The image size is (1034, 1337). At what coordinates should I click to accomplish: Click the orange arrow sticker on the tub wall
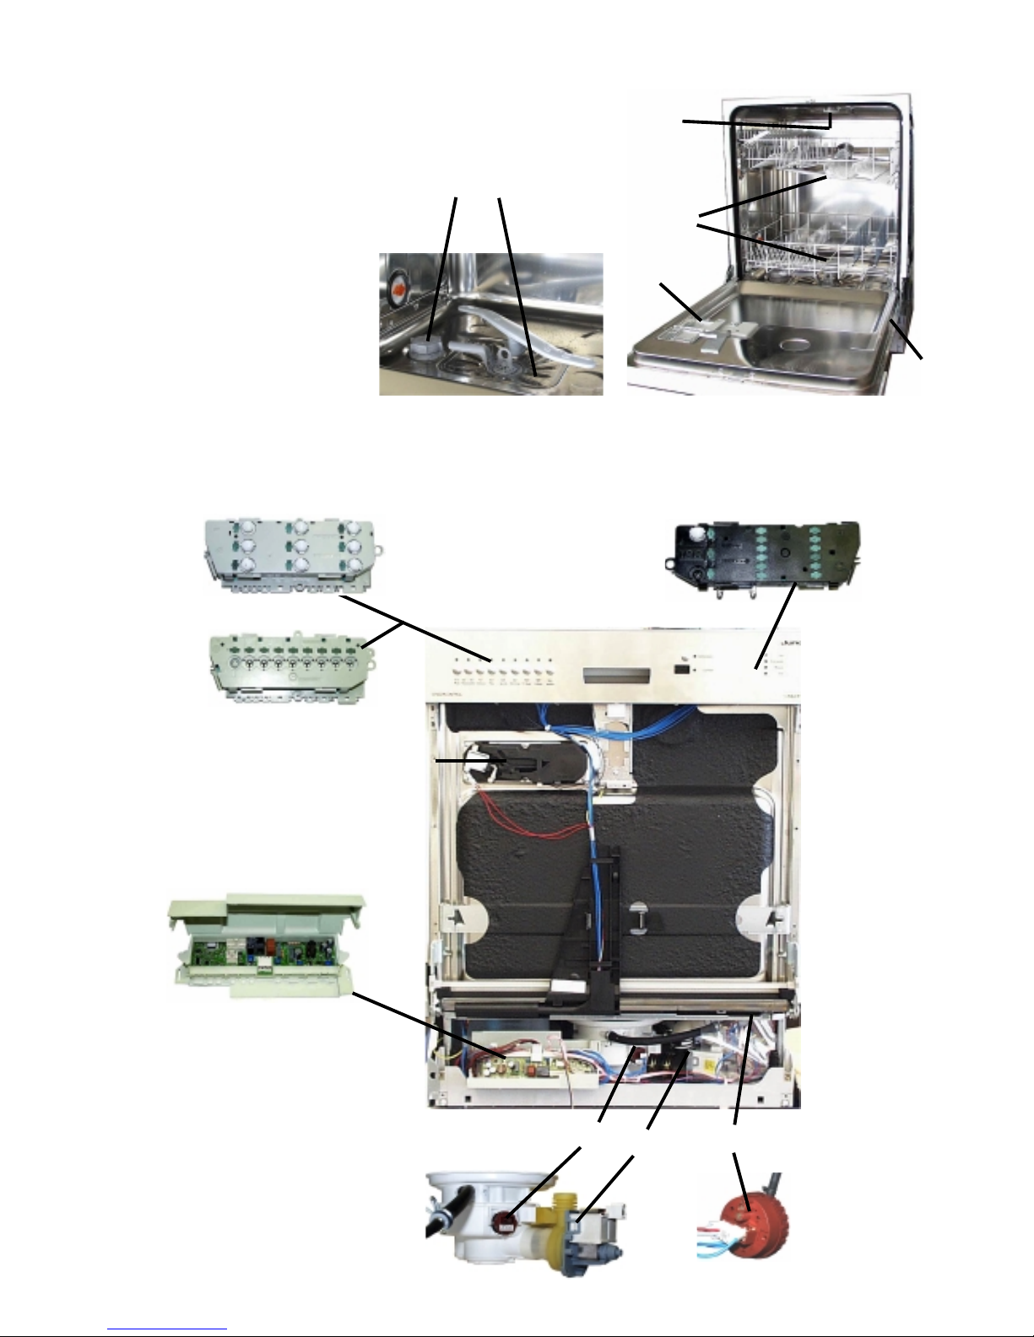tap(397, 290)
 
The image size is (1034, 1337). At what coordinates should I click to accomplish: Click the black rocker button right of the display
tap(680, 671)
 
